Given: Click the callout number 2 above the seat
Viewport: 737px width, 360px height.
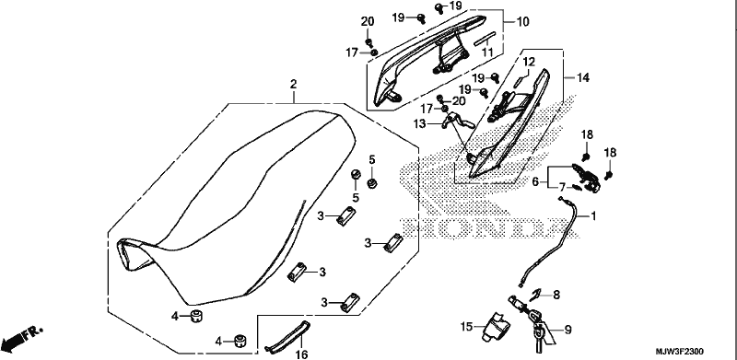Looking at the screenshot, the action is (x=293, y=85).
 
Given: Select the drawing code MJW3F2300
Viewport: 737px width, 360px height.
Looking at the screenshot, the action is (x=680, y=352).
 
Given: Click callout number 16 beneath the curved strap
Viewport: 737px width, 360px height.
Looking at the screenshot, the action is (x=303, y=354).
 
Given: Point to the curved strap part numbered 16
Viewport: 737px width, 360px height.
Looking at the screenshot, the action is (x=287, y=336).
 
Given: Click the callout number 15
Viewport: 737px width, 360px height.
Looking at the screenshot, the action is (x=466, y=327).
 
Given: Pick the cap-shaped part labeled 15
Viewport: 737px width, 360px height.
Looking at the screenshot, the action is (x=493, y=326).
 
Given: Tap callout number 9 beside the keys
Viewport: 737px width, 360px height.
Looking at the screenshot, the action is (x=567, y=330).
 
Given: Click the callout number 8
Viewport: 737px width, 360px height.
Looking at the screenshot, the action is (x=556, y=296).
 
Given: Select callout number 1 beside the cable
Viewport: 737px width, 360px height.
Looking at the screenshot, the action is (x=593, y=216).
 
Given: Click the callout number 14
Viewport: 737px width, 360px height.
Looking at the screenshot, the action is (x=582, y=77).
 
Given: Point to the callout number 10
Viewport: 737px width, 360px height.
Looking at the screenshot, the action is (x=522, y=21).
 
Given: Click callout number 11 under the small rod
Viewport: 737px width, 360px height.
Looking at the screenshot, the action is (x=487, y=52).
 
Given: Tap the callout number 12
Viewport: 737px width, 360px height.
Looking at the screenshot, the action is (x=528, y=62).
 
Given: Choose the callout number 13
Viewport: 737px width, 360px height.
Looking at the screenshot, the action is (x=420, y=123).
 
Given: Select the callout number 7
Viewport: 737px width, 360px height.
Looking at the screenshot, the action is (x=562, y=188).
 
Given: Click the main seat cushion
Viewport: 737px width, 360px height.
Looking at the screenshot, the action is (x=235, y=207).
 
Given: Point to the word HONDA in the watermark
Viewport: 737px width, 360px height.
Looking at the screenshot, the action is (x=485, y=227).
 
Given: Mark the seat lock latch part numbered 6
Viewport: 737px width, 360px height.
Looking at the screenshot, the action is (x=586, y=177).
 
